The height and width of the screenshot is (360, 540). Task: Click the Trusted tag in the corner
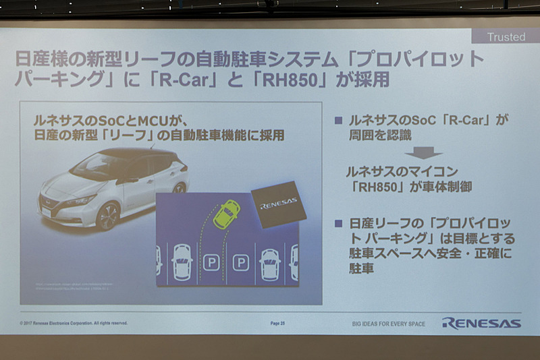point(507,37)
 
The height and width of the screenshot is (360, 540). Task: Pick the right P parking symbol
point(240,261)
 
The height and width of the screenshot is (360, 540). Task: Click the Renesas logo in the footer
point(481,323)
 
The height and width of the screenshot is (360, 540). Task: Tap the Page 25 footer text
point(278,324)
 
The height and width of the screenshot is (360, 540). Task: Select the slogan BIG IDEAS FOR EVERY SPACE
point(388,324)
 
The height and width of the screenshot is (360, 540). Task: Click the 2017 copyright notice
point(74,324)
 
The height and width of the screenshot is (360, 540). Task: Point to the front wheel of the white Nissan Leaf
point(107,216)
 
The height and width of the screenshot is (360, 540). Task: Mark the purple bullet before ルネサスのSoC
point(339,120)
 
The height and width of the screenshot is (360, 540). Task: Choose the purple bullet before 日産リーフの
point(339,223)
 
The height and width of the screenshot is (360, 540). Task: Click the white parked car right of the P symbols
point(269,262)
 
